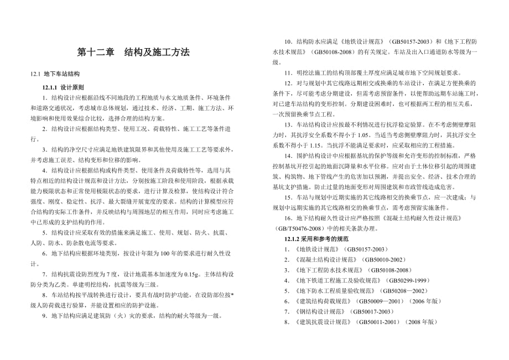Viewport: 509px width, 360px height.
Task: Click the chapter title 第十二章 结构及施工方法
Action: click(x=133, y=53)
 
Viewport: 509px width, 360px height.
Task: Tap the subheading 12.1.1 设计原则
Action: click(x=64, y=87)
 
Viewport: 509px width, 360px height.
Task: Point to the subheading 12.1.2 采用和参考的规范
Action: click(x=316, y=238)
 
